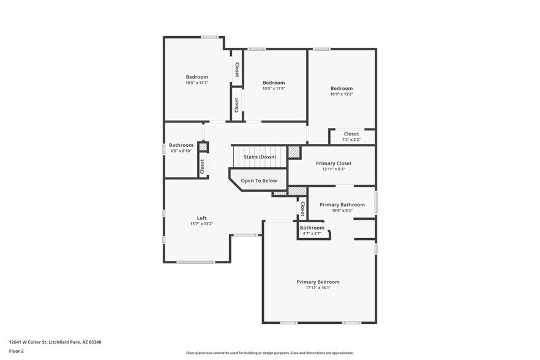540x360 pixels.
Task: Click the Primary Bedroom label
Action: coord(318,282)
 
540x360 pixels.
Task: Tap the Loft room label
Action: coord(201,218)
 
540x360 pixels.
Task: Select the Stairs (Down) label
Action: coord(260,157)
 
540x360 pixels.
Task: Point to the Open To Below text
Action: coord(258,181)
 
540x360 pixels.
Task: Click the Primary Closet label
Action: coord(334,163)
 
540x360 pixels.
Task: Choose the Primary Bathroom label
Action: coord(342,204)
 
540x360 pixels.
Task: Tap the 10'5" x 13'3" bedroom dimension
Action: coord(197,83)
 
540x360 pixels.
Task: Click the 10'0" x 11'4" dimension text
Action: coord(274,88)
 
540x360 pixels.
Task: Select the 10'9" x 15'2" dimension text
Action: coord(342,94)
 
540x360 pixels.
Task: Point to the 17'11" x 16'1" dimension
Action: coord(318,288)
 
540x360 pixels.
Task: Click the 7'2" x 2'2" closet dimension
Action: coord(351,140)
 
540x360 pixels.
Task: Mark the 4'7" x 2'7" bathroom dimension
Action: coord(312,233)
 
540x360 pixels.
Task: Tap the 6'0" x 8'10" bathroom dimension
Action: coord(181,151)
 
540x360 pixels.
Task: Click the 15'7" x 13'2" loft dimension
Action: coord(201,224)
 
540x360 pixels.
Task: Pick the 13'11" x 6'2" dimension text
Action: coord(334,170)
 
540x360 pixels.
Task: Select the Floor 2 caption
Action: coord(17,351)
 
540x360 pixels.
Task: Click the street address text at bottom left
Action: coord(54,342)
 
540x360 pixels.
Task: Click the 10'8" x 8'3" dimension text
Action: coord(342,211)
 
